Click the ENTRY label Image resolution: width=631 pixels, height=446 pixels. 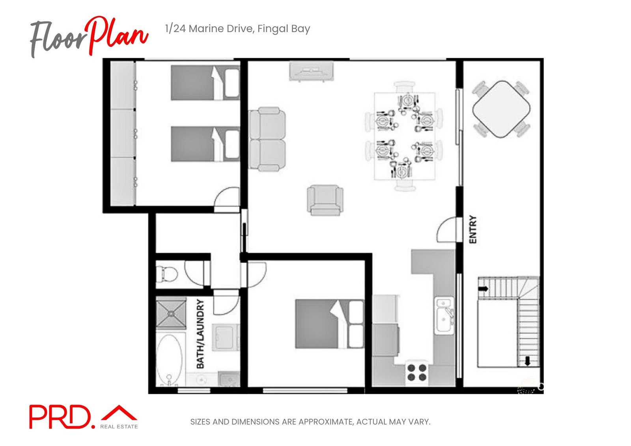tap(473, 230)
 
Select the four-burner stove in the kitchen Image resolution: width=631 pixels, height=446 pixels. tap(417, 372)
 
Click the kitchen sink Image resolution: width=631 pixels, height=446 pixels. tap(444, 315)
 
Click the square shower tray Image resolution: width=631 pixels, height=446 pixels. tap(171, 314)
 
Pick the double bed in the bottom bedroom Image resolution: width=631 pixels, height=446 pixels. tap(329, 324)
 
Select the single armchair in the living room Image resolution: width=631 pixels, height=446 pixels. tap(325, 200)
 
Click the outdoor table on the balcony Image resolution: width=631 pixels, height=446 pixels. tap(501, 109)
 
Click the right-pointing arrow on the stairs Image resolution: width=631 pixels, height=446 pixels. tap(483, 289)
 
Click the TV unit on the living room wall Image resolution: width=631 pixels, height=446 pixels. tap(312, 71)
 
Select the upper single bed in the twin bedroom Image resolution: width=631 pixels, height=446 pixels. tap(205, 83)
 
